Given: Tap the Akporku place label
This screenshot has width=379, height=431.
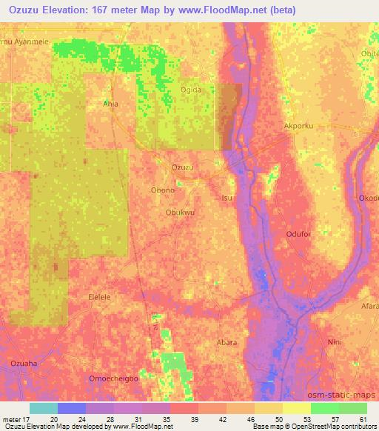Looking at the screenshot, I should (x=299, y=126).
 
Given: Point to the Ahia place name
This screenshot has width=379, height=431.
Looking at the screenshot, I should (x=110, y=104).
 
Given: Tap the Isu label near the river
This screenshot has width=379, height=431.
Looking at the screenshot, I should (x=228, y=198).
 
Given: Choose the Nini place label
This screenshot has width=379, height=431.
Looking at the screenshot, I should (x=334, y=342).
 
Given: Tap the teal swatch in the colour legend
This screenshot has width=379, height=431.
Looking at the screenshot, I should (x=44, y=408).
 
